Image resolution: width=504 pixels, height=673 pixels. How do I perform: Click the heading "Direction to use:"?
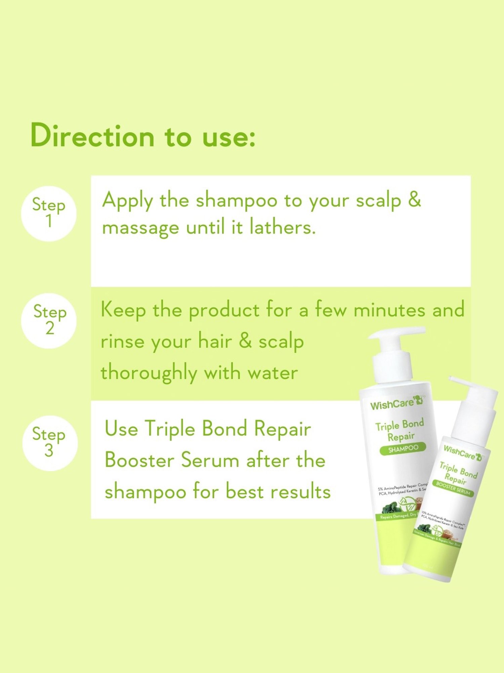[143, 136]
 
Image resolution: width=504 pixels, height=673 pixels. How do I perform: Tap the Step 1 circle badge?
[49, 214]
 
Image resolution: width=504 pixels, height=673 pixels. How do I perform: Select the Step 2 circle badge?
[49, 320]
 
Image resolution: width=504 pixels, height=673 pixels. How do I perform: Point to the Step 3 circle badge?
[50, 443]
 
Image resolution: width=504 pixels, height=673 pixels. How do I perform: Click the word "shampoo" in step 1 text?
[236, 201]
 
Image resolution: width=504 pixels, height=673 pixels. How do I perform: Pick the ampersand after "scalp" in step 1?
[414, 199]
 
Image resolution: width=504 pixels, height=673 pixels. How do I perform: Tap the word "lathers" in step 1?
[282, 227]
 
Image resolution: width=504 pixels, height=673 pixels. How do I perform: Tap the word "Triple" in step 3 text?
[170, 429]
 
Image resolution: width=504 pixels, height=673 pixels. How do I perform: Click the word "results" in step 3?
[300, 492]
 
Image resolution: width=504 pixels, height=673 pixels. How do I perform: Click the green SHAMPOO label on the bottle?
[403, 449]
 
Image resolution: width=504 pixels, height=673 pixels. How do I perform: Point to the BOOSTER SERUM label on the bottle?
[453, 488]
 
